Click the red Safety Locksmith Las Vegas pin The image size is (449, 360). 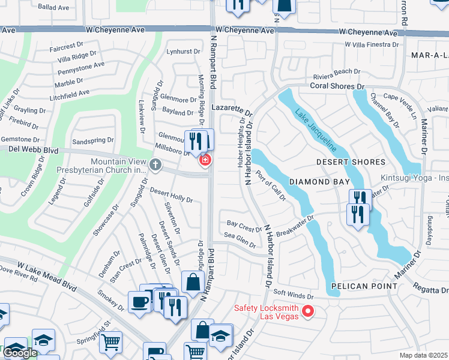tap(309, 311)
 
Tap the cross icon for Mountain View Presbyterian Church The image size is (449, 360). tap(155, 164)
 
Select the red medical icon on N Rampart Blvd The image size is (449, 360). tap(205, 160)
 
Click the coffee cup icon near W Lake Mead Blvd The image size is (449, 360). tap(140, 302)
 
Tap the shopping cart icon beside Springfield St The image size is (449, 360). tap(110, 342)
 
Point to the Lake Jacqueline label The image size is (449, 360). tap(315, 129)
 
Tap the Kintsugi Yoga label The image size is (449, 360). tap(414, 178)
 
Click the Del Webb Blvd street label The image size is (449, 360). tap(29, 151)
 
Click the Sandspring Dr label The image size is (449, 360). tap(92, 140)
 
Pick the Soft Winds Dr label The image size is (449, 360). tap(294, 295)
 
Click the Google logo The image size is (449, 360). tap(20, 353)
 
